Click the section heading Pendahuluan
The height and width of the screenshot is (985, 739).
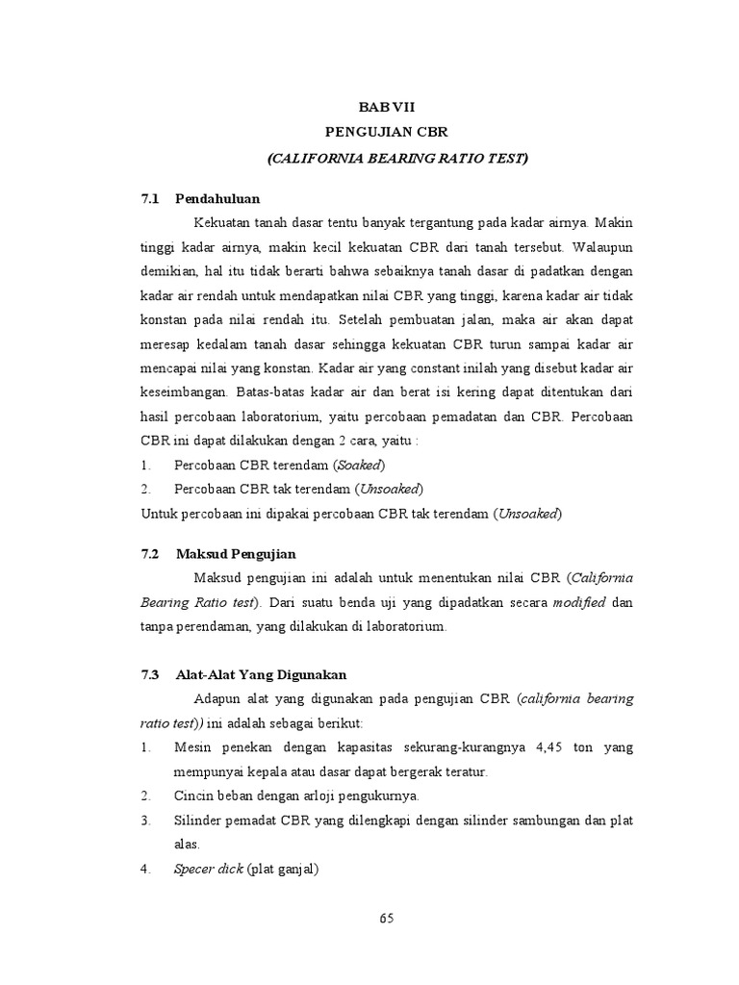click(x=217, y=198)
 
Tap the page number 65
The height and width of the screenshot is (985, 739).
click(x=386, y=918)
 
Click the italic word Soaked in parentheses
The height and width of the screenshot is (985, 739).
click(x=358, y=465)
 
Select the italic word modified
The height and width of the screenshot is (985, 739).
click(x=578, y=602)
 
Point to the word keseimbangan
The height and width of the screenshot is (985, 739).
click(x=185, y=393)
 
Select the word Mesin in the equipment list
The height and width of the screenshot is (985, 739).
click(x=193, y=747)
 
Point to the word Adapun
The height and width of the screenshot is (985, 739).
click(x=219, y=698)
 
